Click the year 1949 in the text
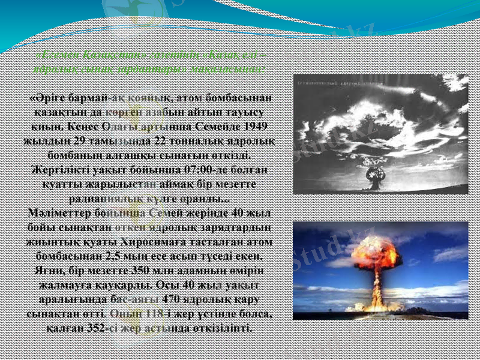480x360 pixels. (256, 127)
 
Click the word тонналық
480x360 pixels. (196, 142)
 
